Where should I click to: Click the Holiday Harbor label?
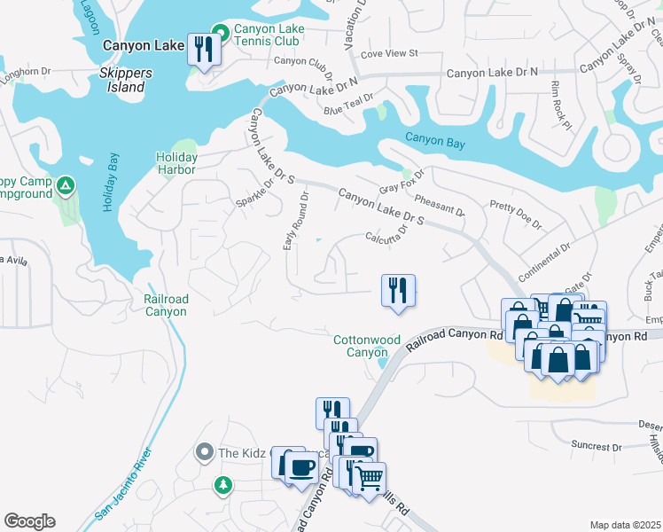[x=177, y=163]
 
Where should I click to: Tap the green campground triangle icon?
[x=65, y=185]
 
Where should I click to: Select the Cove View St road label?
[x=389, y=54]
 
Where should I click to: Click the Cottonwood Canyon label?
[x=360, y=346]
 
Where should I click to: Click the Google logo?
[x=29, y=521]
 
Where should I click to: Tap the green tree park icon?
[x=223, y=484]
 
